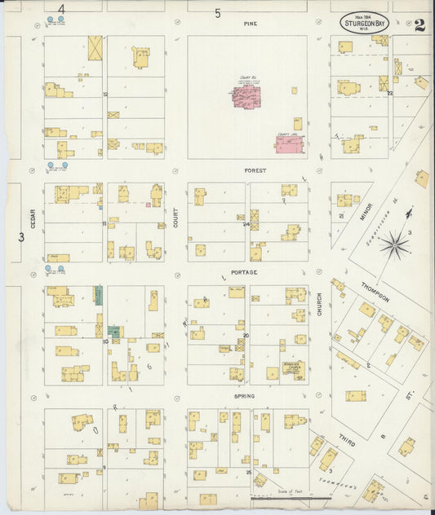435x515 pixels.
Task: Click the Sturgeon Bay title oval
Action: click(365, 21)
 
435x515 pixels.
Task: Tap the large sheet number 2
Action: click(419, 24)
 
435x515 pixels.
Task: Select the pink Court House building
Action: click(246, 97)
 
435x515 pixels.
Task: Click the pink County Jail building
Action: click(289, 145)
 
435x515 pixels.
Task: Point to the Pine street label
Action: click(250, 24)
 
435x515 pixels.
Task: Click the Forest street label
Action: click(250, 171)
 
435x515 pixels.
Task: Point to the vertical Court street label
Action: click(175, 216)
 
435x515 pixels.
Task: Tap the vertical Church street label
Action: click(319, 304)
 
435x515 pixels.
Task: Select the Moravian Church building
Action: click(292, 368)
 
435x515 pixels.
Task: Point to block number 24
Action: click(246, 224)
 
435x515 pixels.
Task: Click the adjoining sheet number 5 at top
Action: click(218, 13)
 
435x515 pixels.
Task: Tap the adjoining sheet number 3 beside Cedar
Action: click(21, 237)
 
